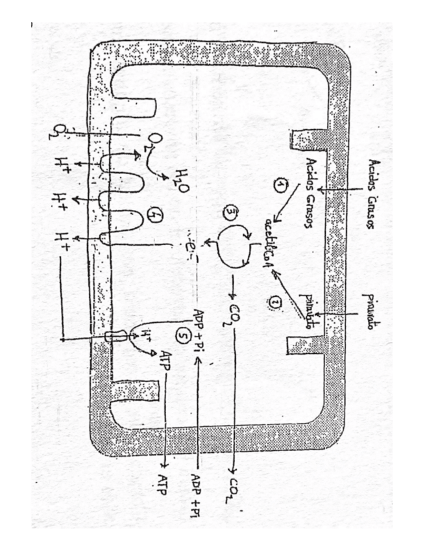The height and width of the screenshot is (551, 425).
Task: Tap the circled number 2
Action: point(272,300)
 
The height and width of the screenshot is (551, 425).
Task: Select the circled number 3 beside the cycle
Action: point(230,212)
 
